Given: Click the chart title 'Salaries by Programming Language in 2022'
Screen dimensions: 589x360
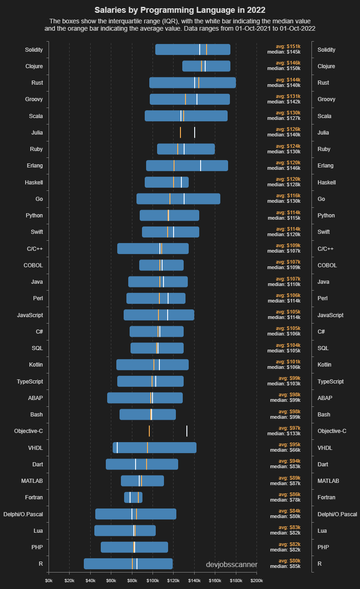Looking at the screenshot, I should coord(180,10).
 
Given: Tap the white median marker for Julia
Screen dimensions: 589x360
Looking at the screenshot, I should coord(195,133).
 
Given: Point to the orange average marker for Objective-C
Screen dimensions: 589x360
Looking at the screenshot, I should coord(149,431).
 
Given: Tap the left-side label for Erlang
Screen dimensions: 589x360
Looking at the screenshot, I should coord(34,166).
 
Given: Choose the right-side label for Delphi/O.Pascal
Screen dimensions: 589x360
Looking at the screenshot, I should coord(337,514).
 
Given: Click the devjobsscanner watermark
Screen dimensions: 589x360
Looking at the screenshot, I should coord(232,565).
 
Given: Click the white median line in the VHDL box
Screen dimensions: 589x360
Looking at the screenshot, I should coord(117,448).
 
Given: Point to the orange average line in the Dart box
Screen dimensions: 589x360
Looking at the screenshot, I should coord(147,464).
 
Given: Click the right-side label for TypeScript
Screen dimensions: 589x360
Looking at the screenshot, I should coord(331,381).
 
